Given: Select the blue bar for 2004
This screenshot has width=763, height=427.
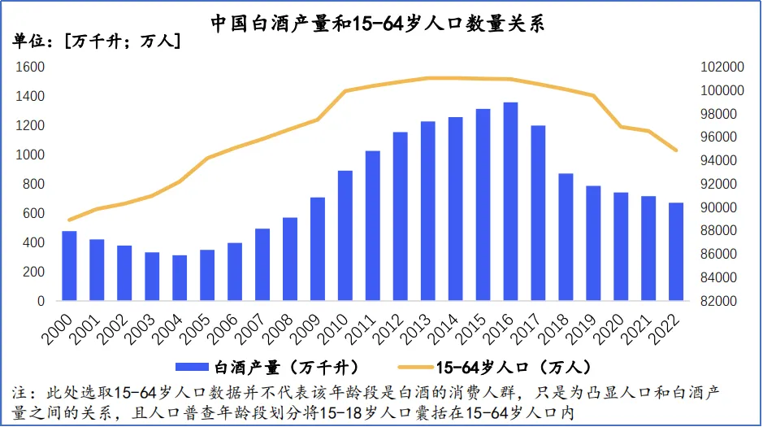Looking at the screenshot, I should coord(180,278).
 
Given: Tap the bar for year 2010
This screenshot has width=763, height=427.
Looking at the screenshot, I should coord(345,236).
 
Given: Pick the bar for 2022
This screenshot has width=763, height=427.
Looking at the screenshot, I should coord(676,252).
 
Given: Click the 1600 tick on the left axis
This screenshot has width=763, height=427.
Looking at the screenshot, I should coord(29,67).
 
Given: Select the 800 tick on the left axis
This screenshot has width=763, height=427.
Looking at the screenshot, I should coord(33,184).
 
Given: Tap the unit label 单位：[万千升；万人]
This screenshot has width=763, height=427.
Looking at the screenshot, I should coord(96,41).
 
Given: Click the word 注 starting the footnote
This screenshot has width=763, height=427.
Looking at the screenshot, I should coord(23,393).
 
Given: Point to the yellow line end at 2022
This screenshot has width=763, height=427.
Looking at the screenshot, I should coord(676,150).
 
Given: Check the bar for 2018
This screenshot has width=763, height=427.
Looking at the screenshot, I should coord(566,237).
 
